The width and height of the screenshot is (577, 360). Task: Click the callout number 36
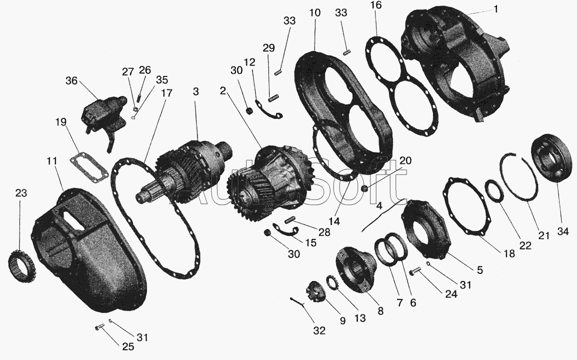pyautogui.click(x=72, y=80)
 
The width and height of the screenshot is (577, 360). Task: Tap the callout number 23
pyautogui.click(x=21, y=193)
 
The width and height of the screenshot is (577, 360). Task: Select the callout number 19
pyautogui.click(x=61, y=122)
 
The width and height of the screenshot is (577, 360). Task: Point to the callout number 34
pyautogui.click(x=562, y=231)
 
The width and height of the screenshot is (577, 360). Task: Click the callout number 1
pyautogui.click(x=495, y=9)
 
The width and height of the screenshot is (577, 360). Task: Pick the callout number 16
pyautogui.click(x=375, y=5)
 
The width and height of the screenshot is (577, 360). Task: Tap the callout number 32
pyautogui.click(x=319, y=330)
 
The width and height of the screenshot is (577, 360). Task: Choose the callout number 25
pyautogui.click(x=128, y=346)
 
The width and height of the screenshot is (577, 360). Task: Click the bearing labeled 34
pyautogui.click(x=551, y=158)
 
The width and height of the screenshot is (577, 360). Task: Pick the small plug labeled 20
pyautogui.click(x=364, y=188)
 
